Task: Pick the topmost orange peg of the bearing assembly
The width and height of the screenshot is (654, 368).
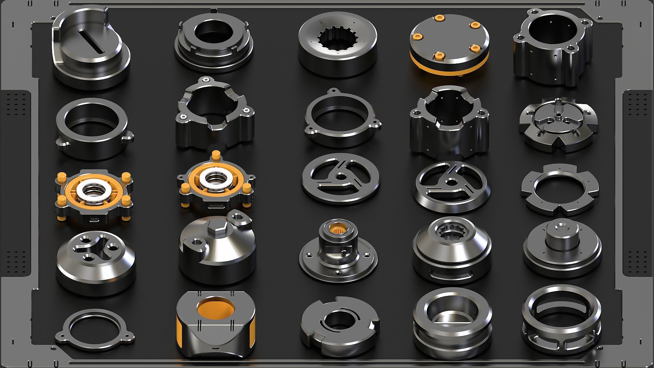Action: click(216, 155)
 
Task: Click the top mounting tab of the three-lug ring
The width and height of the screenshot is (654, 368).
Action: click(333, 91)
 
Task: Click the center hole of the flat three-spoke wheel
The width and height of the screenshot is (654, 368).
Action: click(341, 176)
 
